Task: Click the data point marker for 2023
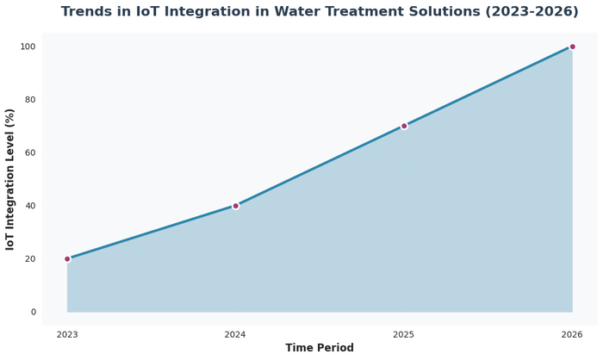tap(67, 258)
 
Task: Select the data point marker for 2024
tap(235, 206)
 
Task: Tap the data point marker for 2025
tap(404, 126)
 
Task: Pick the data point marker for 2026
tap(572, 47)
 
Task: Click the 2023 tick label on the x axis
tap(67, 334)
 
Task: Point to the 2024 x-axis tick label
tap(235, 334)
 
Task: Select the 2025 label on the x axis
tap(404, 334)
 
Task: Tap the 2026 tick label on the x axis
tap(572, 334)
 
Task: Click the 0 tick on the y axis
tap(34, 312)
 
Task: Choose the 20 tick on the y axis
tap(31, 258)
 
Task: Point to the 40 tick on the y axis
tap(31, 206)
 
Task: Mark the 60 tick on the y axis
tap(31, 152)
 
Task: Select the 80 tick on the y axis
tap(31, 100)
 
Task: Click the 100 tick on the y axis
tap(28, 47)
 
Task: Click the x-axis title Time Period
tap(320, 348)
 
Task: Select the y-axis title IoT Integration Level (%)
tap(11, 179)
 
